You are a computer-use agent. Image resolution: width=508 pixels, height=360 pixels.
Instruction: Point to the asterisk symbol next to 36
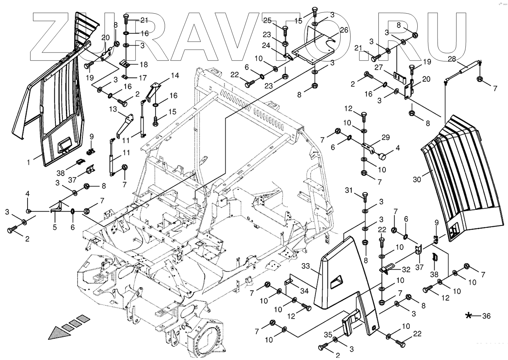469,316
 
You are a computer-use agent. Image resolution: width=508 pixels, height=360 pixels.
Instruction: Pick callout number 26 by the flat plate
344,30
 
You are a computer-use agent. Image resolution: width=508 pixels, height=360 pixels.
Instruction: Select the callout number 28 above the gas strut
452,59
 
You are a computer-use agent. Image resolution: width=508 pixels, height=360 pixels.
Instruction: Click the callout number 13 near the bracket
112,109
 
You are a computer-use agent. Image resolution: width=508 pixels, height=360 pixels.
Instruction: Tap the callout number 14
175,76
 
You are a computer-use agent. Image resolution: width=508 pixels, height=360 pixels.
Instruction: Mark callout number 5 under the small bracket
55,227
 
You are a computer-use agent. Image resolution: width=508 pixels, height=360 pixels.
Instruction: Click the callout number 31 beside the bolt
349,190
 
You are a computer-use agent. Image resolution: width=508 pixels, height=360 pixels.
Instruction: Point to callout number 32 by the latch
406,269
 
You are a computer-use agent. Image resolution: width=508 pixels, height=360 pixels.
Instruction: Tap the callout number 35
329,335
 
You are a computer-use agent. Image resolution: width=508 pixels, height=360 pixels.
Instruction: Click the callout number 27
379,68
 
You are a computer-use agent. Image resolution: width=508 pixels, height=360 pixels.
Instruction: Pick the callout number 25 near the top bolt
267,20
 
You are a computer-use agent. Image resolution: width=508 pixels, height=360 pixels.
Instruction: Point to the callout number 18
144,64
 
